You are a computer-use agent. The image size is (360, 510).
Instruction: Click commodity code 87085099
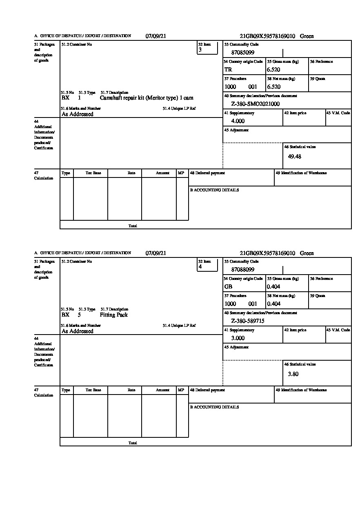(243, 53)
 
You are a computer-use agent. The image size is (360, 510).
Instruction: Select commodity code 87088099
(243, 270)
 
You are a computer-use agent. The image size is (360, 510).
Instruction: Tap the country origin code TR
(228, 70)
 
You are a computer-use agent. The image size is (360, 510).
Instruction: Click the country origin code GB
(228, 287)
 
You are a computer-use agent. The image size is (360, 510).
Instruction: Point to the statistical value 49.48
(295, 157)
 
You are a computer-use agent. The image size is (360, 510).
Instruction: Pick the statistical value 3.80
(293, 374)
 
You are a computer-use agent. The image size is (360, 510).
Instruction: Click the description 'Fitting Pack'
(113, 315)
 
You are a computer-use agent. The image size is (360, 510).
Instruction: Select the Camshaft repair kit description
(147, 98)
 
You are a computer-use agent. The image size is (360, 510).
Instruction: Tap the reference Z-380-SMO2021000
(255, 104)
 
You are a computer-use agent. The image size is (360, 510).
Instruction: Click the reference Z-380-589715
(248, 321)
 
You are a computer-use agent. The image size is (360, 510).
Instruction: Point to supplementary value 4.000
(238, 121)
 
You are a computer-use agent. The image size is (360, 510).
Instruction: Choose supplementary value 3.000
(238, 338)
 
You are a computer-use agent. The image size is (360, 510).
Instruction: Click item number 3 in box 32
(200, 50)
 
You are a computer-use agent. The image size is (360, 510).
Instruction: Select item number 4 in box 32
(200, 267)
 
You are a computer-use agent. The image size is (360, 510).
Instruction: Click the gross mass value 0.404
(273, 287)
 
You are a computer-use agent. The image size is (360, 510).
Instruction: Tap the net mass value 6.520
(273, 87)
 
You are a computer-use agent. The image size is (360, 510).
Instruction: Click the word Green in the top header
(307, 36)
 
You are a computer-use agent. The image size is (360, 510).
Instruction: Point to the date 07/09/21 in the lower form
(156, 253)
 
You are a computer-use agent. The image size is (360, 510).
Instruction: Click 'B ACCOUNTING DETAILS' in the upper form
(214, 190)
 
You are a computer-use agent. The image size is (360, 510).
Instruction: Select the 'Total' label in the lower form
(133, 443)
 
